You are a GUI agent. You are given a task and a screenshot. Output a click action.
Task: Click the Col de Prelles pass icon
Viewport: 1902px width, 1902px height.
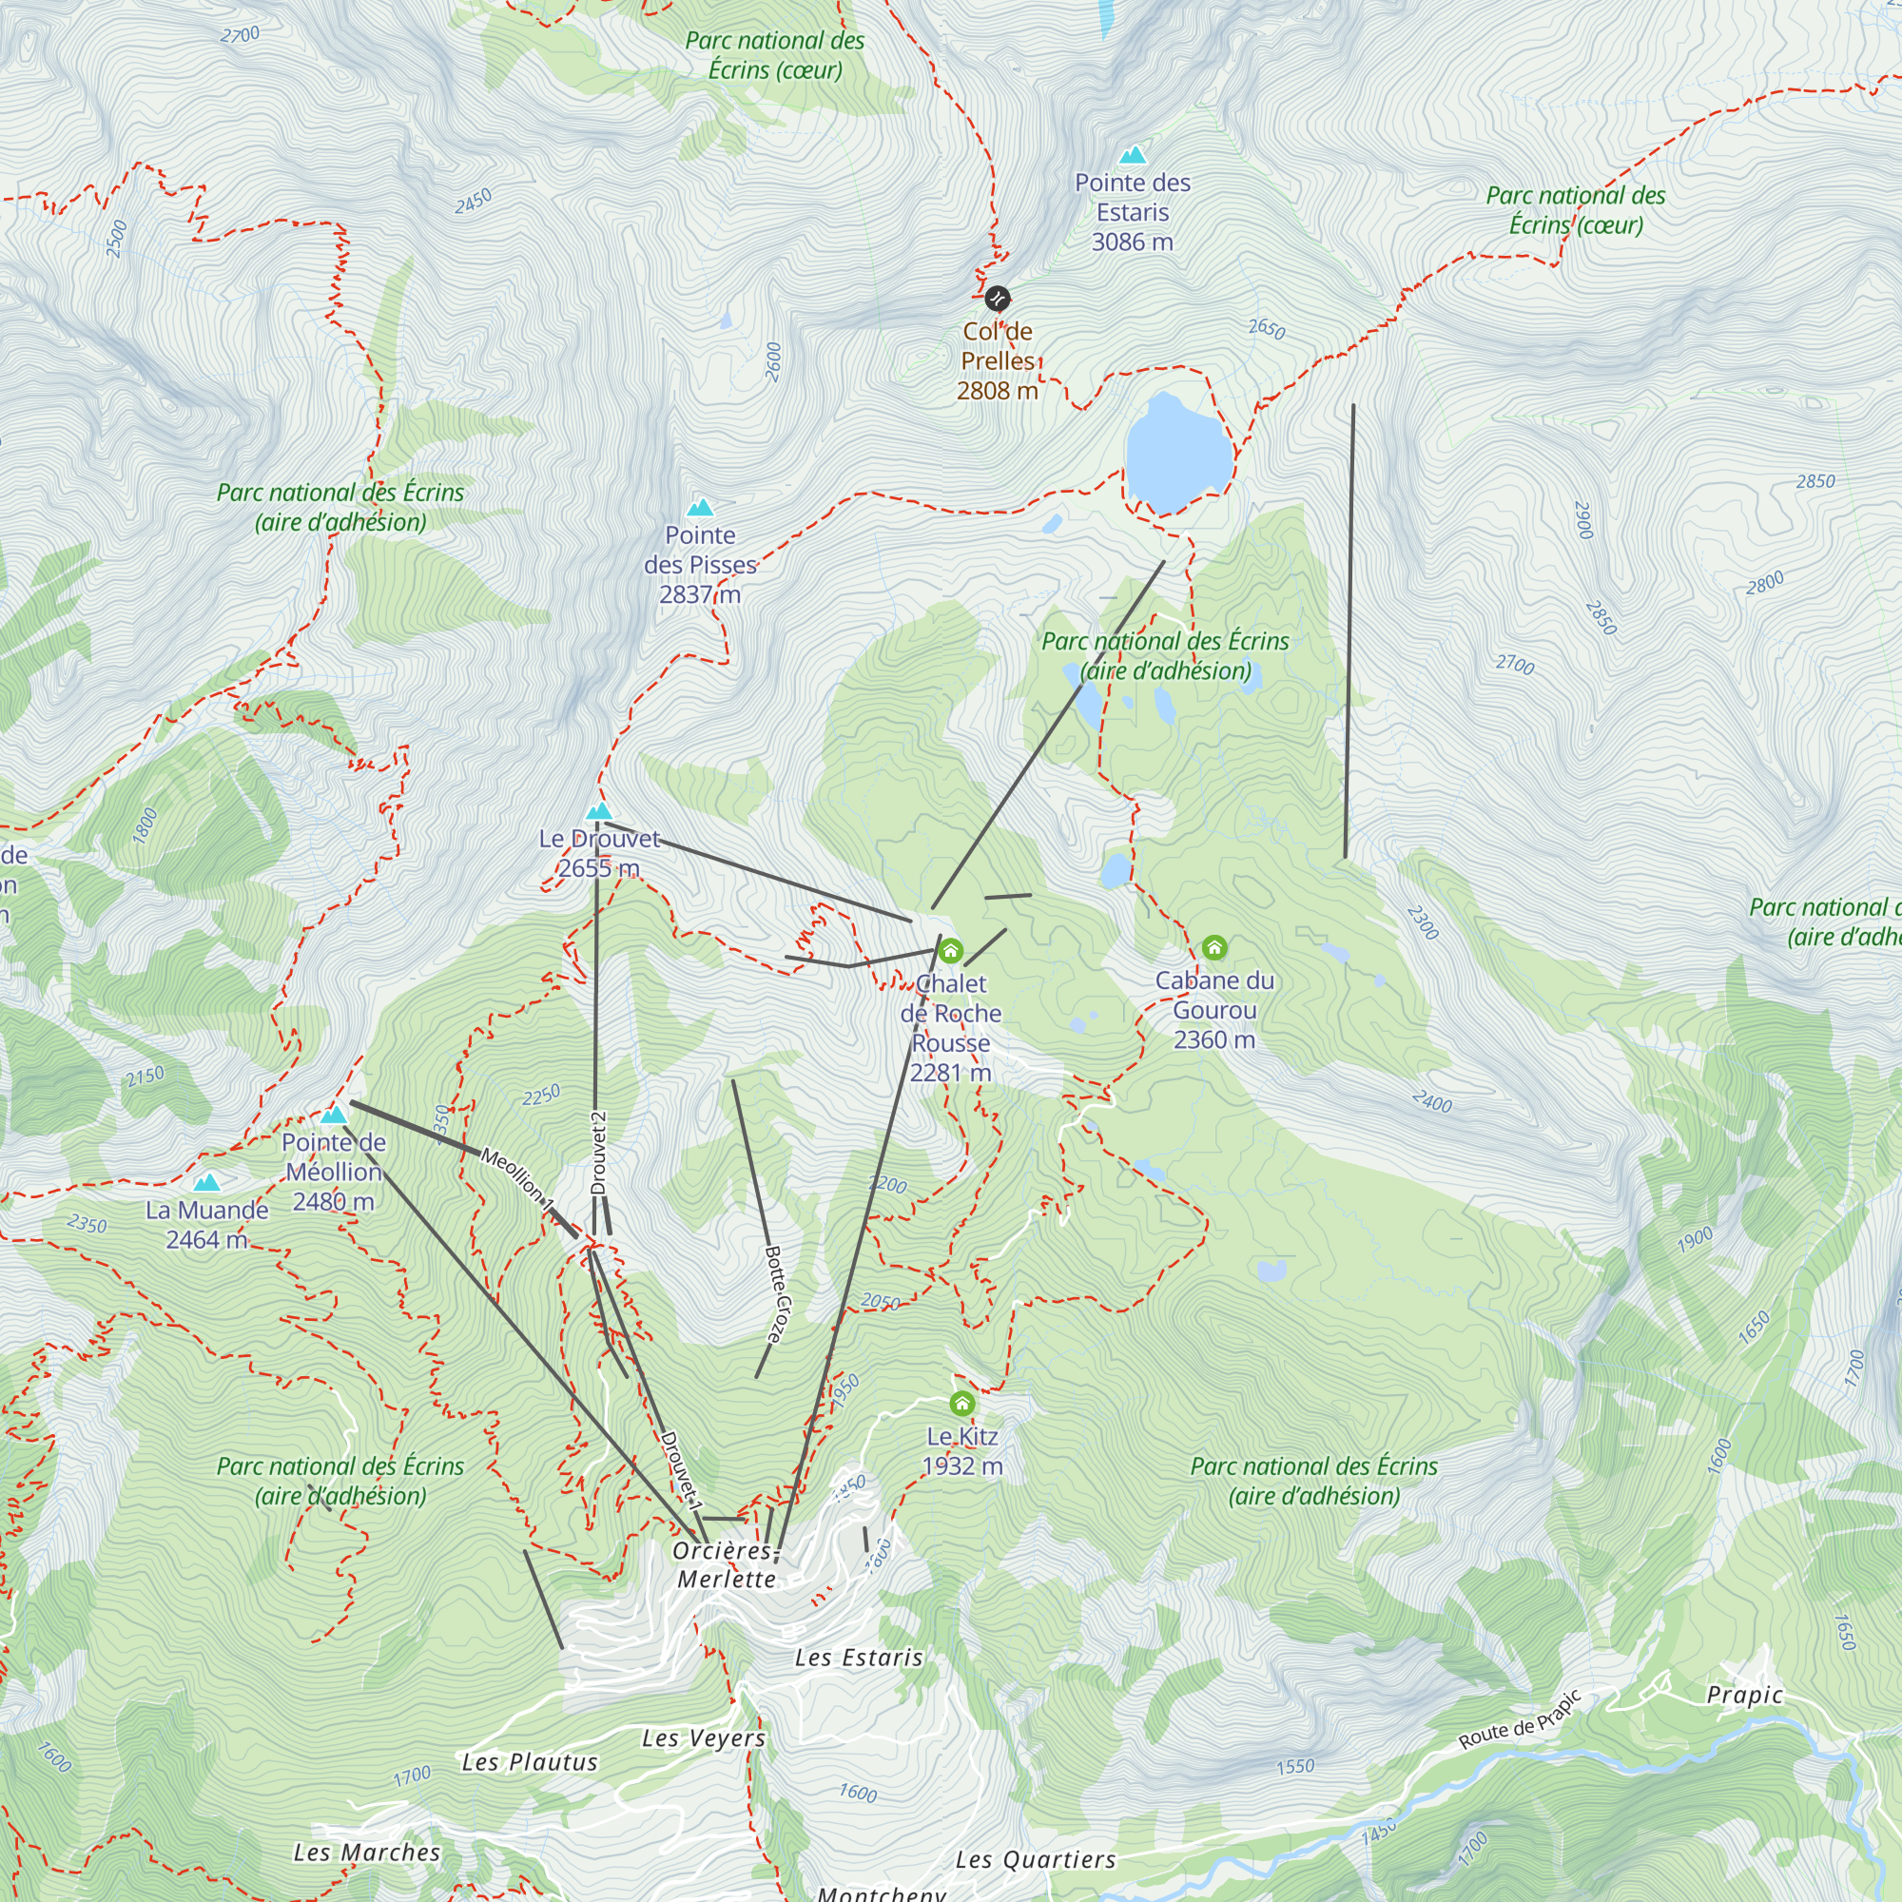click(x=998, y=299)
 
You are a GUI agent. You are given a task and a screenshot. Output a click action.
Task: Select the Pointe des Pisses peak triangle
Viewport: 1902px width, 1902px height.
click(x=700, y=508)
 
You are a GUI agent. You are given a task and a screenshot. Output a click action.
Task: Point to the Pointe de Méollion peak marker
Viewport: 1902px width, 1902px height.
click(x=334, y=1116)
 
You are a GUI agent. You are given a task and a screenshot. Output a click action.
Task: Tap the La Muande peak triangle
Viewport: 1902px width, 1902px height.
click(x=205, y=1182)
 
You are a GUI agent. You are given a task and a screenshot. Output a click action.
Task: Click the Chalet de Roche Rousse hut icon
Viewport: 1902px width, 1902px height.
click(x=950, y=951)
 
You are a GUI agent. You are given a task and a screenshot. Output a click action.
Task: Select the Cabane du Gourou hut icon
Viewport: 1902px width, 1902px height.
click(x=1213, y=948)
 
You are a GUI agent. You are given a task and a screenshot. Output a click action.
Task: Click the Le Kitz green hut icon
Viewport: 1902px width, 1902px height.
click(x=961, y=1403)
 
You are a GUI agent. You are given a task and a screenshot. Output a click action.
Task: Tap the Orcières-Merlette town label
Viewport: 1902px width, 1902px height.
click(x=727, y=1564)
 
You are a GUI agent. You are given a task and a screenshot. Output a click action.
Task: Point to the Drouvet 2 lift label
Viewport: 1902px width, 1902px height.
click(x=597, y=1153)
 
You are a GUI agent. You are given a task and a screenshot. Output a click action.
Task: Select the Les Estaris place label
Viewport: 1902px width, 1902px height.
click(x=860, y=1658)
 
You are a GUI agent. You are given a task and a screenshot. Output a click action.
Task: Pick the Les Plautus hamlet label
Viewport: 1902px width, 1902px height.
click(x=530, y=1762)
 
